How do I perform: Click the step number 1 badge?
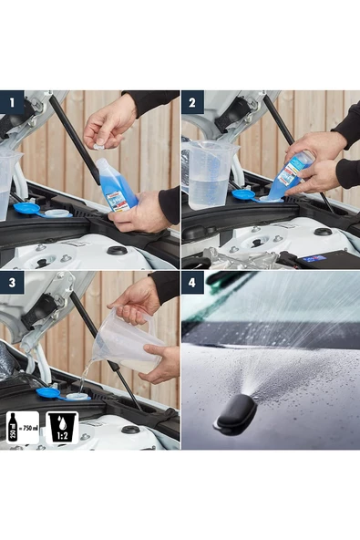[11, 103]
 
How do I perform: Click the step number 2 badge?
[193, 103]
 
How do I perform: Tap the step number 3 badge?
[11, 284]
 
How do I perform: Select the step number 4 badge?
[193, 284]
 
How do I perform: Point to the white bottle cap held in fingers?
[98, 145]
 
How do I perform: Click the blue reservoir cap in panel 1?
[27, 208]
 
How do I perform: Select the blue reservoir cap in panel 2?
[243, 194]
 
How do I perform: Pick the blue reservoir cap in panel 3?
[48, 393]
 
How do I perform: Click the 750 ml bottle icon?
[22, 427]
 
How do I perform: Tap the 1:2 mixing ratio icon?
[61, 427]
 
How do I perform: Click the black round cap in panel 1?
[117, 251]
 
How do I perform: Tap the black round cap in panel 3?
[130, 430]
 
